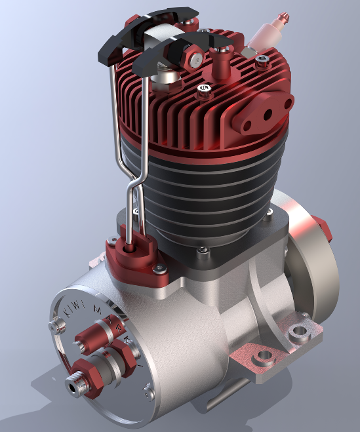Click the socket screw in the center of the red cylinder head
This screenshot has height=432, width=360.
(x=203, y=87)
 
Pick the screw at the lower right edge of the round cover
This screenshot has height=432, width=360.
(x=146, y=392)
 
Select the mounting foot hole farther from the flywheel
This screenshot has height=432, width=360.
(x=265, y=357)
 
